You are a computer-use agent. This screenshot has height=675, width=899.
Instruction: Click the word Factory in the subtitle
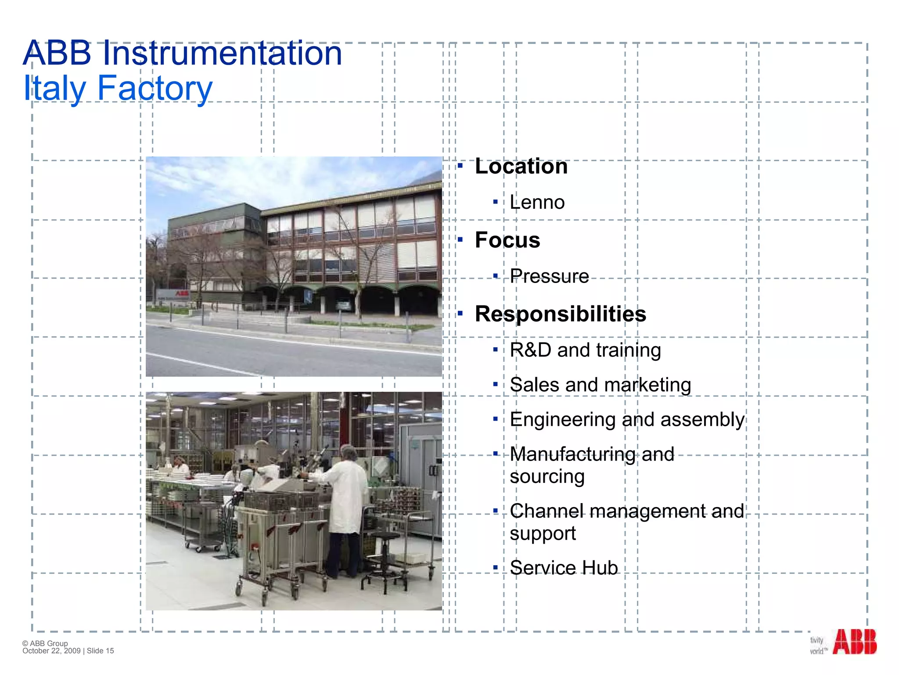pyautogui.click(x=155, y=88)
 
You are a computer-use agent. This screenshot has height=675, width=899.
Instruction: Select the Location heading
pyautogui.click(x=521, y=167)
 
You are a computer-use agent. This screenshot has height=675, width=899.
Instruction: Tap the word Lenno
pyautogui.click(x=537, y=203)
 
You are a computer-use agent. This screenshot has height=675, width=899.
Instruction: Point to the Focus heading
pyautogui.click(x=507, y=240)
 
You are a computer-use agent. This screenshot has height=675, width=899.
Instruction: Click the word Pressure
pyautogui.click(x=549, y=276)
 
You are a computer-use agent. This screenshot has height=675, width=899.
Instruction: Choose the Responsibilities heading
pyautogui.click(x=560, y=314)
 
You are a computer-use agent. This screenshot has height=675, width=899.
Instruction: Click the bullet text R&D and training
pyautogui.click(x=585, y=350)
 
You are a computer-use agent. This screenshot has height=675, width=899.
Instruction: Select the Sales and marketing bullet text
pyautogui.click(x=600, y=385)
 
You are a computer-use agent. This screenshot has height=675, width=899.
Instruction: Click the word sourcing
pyautogui.click(x=547, y=477)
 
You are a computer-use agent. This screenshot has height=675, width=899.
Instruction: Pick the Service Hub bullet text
pyautogui.click(x=564, y=568)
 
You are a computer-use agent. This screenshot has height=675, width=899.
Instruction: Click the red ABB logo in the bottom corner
pyautogui.click(x=854, y=642)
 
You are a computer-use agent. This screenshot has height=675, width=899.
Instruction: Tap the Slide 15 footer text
pyautogui.click(x=101, y=651)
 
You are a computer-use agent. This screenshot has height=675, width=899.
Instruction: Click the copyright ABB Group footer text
pyautogui.click(x=45, y=643)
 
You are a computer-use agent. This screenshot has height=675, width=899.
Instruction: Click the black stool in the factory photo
pyautogui.click(x=385, y=562)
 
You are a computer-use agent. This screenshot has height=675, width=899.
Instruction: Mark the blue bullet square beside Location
pyautogui.click(x=460, y=166)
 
